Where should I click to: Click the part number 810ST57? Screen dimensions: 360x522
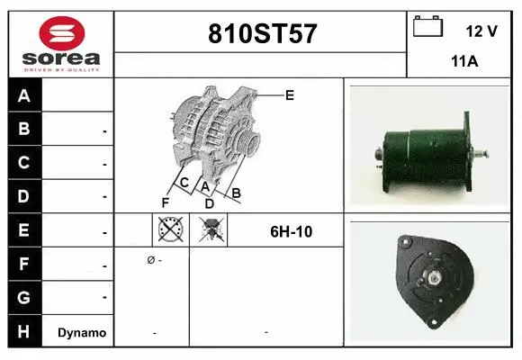click(x=262, y=34)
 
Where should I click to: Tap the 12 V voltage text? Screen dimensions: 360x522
click(x=481, y=31)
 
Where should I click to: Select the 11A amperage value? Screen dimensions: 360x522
click(x=463, y=62)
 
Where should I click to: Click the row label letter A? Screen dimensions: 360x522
click(x=24, y=96)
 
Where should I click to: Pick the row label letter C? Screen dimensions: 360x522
click(x=24, y=163)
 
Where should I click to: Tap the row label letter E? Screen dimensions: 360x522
click(x=24, y=230)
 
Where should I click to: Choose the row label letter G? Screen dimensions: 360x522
click(x=24, y=297)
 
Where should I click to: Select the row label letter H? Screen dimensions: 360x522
click(x=24, y=331)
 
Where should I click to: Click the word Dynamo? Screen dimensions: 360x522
click(x=82, y=332)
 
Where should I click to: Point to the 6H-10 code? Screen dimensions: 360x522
click(x=291, y=231)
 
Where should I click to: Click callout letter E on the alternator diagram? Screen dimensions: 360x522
click(x=289, y=94)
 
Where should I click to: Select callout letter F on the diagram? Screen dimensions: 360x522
click(x=166, y=202)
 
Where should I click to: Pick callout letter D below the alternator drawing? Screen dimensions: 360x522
click(x=209, y=203)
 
